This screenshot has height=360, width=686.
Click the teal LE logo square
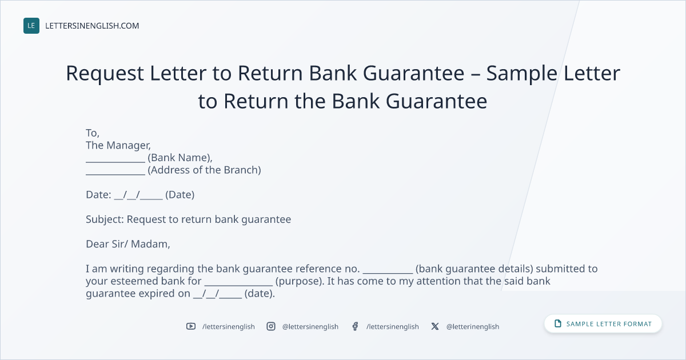pyautogui.click(x=31, y=26)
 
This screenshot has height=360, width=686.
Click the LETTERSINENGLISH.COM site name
pyautogui.click(x=92, y=26)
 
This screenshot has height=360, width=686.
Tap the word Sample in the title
pyautogui.click(x=521, y=74)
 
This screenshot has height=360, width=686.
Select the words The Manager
pyautogui.click(x=118, y=145)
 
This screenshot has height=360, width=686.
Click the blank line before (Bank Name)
pyautogui.click(x=115, y=162)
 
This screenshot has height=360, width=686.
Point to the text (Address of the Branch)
pyautogui.click(x=204, y=170)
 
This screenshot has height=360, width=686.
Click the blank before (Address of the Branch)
pyautogui.click(x=115, y=174)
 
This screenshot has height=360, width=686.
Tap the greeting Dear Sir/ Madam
pyautogui.click(x=127, y=244)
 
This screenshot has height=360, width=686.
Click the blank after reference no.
pyautogui.click(x=388, y=273)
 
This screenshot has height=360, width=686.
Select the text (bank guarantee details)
pyautogui.click(x=474, y=269)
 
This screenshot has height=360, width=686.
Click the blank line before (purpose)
pyautogui.click(x=238, y=285)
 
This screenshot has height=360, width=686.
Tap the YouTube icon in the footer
pyautogui.click(x=191, y=326)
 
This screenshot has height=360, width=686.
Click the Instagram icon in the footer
pyautogui.click(x=271, y=326)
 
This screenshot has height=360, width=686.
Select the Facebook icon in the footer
pyautogui.click(x=355, y=326)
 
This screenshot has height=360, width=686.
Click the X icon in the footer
pyautogui.click(x=435, y=326)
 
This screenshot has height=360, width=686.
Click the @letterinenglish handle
pyautogui.click(x=473, y=327)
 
